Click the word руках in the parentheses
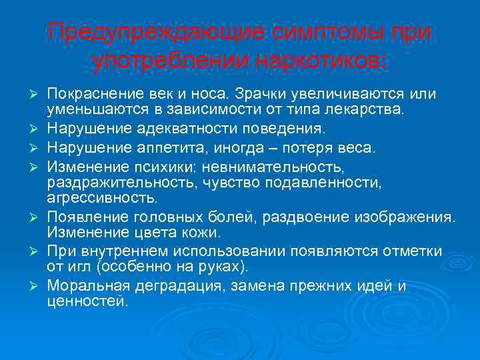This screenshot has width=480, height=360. [225, 267]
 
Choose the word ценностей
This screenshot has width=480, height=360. [86, 302]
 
